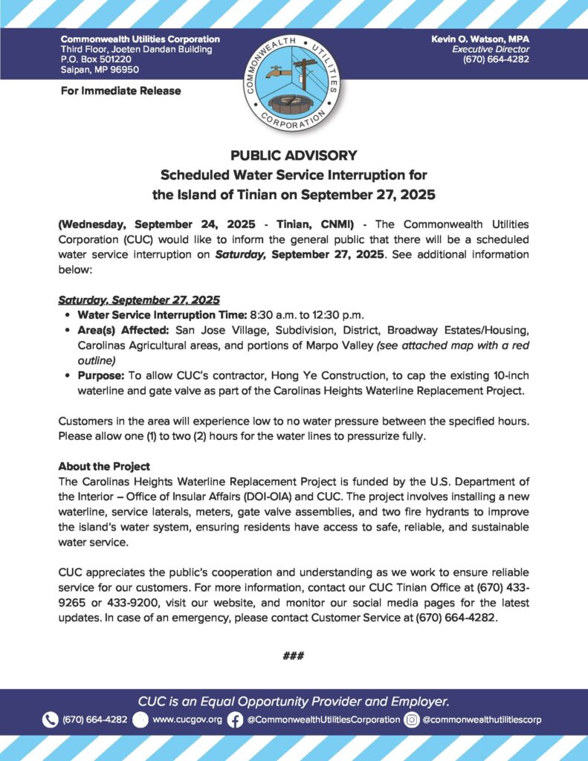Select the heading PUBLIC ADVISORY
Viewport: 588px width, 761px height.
click(294, 155)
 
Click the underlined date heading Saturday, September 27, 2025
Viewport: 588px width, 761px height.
click(139, 300)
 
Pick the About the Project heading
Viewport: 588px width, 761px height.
click(104, 467)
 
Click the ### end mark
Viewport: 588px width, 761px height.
click(294, 656)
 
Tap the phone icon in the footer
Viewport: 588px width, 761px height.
click(51, 719)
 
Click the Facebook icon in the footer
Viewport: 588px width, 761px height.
click(236, 719)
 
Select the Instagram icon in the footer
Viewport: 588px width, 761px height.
click(412, 719)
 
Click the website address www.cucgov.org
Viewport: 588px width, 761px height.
click(187, 719)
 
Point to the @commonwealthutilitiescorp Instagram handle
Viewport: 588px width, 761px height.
click(482, 719)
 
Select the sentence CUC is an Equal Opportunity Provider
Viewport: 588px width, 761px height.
click(294, 701)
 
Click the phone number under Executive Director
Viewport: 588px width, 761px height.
click(496, 59)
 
